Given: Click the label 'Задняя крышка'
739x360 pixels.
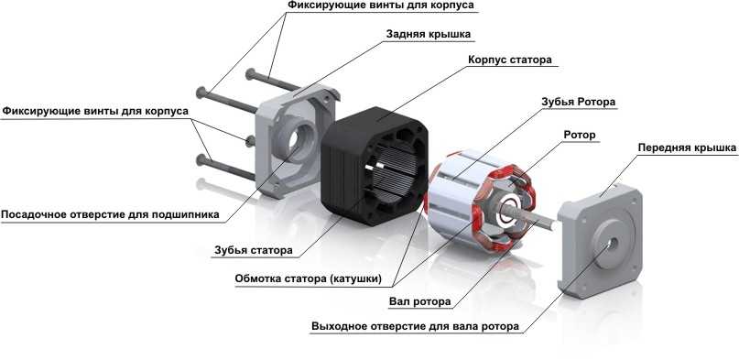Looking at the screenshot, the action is (428, 35).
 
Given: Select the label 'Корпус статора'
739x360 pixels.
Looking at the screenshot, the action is (510, 60).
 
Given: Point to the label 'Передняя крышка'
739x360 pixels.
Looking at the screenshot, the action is (687, 147).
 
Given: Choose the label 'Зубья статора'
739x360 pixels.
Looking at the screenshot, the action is (253, 250).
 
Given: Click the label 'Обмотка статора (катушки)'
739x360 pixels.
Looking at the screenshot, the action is (309, 278).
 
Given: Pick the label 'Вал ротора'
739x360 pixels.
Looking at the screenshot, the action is (420, 301).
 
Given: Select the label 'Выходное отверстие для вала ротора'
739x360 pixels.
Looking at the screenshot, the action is (415, 326).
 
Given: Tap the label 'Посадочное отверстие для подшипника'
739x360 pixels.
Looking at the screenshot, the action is (110, 215).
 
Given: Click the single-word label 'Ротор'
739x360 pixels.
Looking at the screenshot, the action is (580, 135).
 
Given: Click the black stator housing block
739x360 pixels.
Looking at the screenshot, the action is (375, 166).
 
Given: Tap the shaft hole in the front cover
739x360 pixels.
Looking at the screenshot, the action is (614, 243).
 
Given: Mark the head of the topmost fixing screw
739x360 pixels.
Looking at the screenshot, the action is (250, 74).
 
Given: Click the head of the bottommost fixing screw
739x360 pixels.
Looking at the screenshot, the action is (201, 159).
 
